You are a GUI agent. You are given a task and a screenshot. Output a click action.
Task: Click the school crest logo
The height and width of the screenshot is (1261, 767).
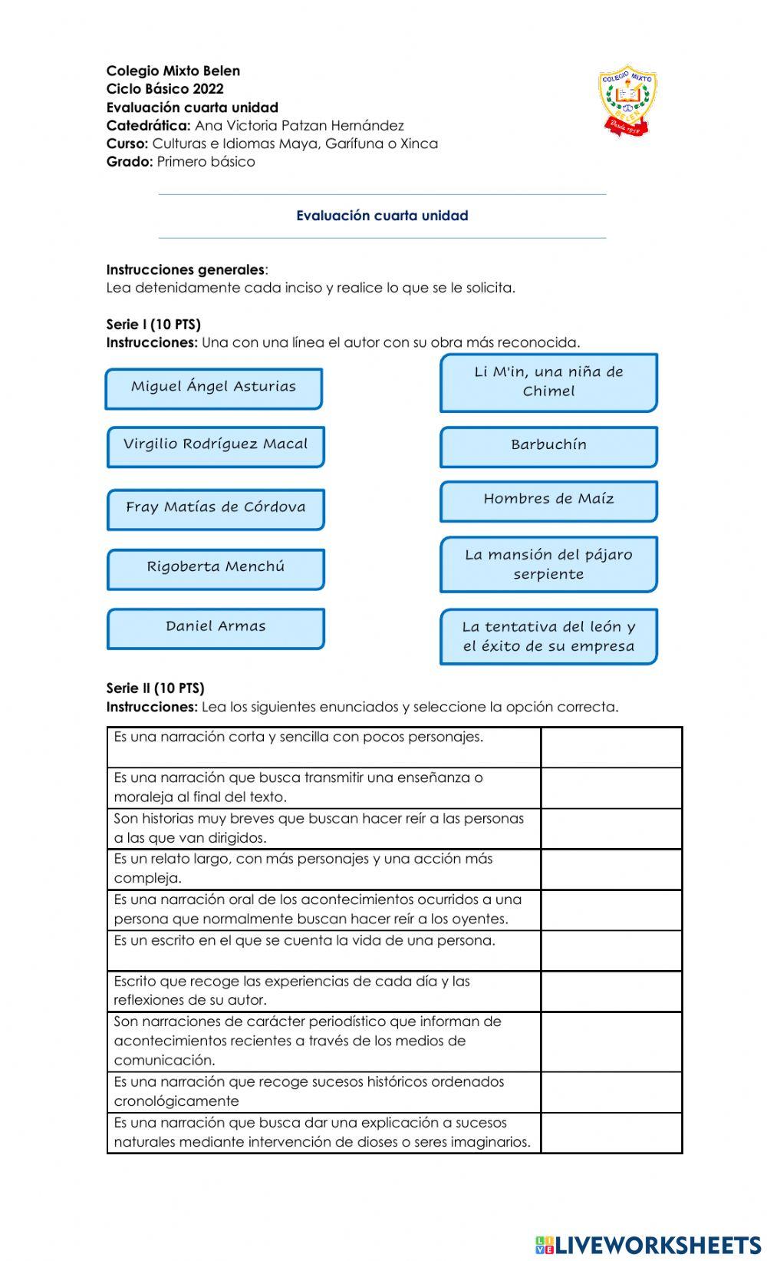pos(628,101)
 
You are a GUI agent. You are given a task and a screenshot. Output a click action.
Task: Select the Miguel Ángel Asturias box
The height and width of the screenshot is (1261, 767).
pos(213,388)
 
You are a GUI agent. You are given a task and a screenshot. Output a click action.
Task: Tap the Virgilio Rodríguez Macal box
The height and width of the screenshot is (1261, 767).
pos(216,446)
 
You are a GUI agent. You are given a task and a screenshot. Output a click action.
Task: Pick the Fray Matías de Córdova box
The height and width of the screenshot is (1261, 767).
pos(216,509)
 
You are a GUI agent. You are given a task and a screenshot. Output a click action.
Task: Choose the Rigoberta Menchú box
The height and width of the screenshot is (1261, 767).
pos(216,569)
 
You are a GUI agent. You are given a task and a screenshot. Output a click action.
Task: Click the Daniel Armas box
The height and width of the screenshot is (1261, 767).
pos(216,628)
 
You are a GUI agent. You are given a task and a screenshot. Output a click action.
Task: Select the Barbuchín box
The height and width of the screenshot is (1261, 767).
pos(548,447)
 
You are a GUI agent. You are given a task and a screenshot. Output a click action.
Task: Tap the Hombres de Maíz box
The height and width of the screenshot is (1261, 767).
pos(548,500)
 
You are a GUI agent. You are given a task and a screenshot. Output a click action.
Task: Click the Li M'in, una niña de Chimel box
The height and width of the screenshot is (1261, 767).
pos(548,382)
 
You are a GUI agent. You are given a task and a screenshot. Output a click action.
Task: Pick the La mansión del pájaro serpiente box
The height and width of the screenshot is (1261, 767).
pos(548,564)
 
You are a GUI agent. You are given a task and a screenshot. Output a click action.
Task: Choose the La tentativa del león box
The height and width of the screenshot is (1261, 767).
pos(548,636)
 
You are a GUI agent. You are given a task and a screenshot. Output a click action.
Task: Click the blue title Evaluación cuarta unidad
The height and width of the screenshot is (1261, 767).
pos(382,216)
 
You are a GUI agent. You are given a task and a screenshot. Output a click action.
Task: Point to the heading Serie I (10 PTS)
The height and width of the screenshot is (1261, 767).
pos(153,324)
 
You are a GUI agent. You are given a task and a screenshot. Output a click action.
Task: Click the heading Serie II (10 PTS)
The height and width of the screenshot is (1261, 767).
pos(155,688)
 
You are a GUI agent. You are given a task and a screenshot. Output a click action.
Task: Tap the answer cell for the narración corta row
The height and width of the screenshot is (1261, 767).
pos(611,747)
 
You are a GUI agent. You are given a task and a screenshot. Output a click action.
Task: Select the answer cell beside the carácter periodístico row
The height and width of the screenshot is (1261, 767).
pos(611,1041)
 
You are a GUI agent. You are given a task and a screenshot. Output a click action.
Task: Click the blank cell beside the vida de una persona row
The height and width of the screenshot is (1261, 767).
pos(611,950)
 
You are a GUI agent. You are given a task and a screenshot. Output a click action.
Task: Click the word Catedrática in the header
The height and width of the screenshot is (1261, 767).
pos(148,125)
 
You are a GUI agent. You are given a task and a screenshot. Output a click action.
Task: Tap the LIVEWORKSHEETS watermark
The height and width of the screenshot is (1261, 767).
pos(648,1244)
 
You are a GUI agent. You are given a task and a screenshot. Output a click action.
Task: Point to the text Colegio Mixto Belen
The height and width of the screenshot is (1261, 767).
pos(173,71)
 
